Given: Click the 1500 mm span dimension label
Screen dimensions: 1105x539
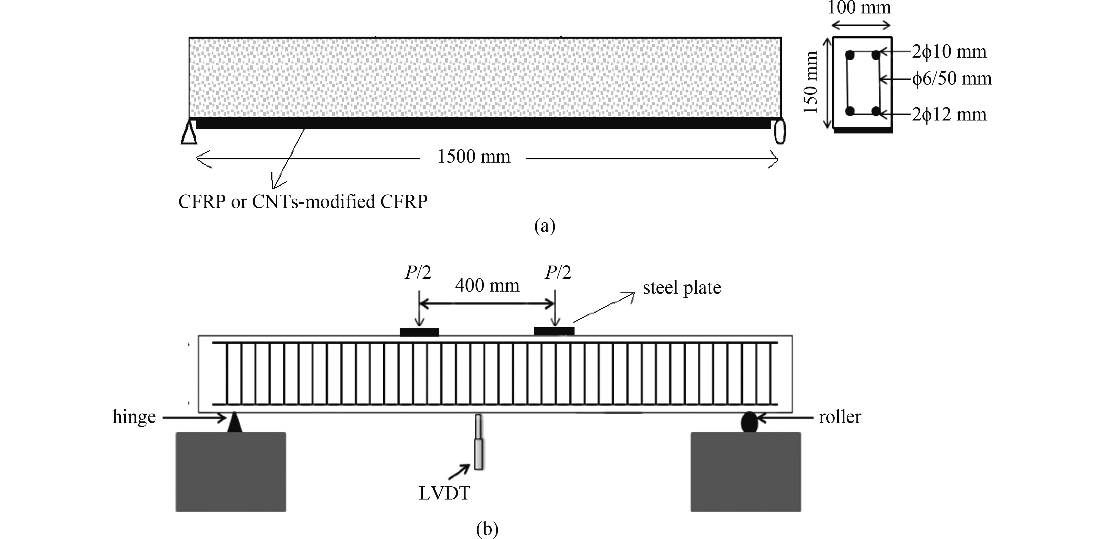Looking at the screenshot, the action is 474,157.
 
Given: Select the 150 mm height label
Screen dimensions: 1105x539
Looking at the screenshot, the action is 811,83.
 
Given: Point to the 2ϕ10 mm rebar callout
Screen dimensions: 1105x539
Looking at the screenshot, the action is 949,52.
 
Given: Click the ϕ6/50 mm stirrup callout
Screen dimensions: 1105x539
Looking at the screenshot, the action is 952,79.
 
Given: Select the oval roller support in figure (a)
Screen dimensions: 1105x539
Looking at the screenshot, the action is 780,132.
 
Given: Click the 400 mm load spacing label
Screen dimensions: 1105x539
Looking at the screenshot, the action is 487,286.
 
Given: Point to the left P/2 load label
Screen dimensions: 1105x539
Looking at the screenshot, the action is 417,273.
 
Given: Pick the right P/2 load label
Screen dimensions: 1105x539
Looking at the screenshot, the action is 558,273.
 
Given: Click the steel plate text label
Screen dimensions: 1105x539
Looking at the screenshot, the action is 682,288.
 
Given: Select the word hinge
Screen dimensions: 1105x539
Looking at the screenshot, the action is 134,417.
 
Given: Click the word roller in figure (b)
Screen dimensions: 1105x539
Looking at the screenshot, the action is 840,417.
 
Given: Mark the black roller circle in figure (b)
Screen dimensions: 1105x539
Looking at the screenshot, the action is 749,422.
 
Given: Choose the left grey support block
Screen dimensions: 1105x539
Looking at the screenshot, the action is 231,472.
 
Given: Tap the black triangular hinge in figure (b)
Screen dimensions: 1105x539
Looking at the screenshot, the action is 234,422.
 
